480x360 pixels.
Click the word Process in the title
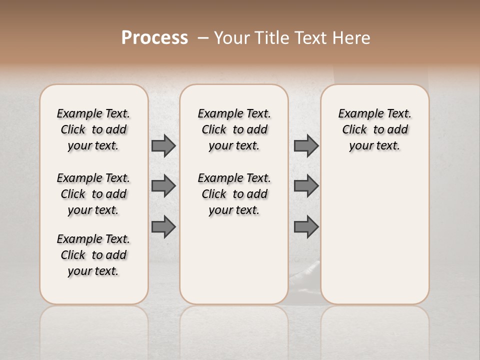click(x=154, y=37)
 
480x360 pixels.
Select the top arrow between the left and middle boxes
click(x=163, y=146)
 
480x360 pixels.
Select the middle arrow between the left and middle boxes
click(x=163, y=186)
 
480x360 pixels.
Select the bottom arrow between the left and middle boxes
click(x=163, y=227)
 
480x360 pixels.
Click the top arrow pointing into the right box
click(x=306, y=146)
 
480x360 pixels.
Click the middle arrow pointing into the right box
click(x=306, y=186)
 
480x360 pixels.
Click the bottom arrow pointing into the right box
click(x=306, y=227)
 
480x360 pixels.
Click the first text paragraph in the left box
click(x=93, y=129)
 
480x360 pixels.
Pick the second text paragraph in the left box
click(x=93, y=194)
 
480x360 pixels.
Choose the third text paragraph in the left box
click(x=93, y=255)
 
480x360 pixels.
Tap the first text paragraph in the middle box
click(x=234, y=129)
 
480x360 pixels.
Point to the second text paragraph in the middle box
click(x=234, y=194)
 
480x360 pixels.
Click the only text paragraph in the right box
click(x=374, y=129)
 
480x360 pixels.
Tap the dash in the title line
click(x=203, y=38)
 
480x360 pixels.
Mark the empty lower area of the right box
click(x=374, y=240)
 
